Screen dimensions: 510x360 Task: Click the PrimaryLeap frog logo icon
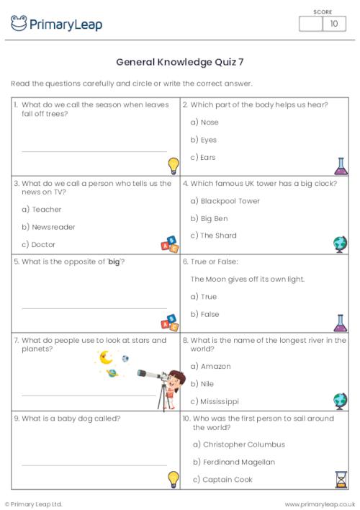click(x=19, y=24)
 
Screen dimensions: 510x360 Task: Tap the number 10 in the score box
click(x=333, y=24)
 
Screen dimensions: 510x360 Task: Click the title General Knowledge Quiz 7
click(x=179, y=62)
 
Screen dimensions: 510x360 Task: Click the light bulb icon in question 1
click(x=173, y=166)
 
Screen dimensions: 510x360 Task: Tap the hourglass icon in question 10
click(x=341, y=479)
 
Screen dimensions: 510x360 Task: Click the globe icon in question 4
click(x=341, y=244)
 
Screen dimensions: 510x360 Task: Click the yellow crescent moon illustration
click(x=106, y=357)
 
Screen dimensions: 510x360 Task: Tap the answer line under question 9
click(x=94, y=465)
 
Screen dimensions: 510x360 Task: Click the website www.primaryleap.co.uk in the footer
click(x=320, y=504)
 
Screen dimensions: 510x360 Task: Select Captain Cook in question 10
click(x=228, y=479)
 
